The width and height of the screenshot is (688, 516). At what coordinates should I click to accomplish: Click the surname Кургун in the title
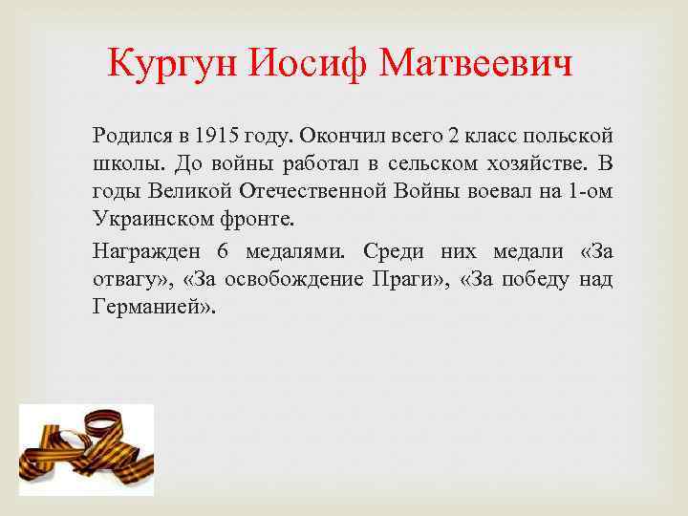coord(172,65)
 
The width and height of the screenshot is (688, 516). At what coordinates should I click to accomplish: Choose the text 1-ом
coord(590,189)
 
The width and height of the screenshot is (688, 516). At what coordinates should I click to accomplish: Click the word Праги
coord(404,280)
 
